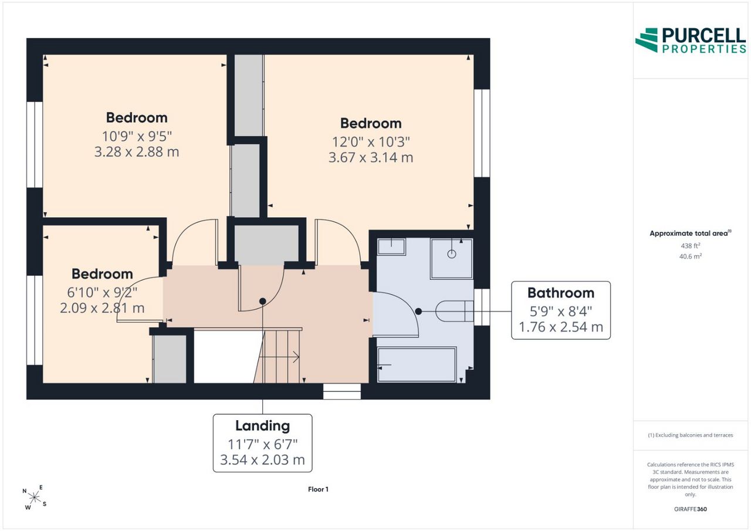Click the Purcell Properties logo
[691, 40]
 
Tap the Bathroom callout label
[560, 310]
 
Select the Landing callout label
[262, 443]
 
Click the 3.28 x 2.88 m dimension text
[137, 152]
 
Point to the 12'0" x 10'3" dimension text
[371, 142]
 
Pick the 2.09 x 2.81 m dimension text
[102, 307]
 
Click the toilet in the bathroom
[455, 311]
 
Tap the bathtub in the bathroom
[417, 365]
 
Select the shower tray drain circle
[452, 254]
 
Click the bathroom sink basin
[391, 247]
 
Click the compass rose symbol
[35, 498]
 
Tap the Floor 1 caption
[318, 489]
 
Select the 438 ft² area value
[691, 246]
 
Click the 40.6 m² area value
[691, 256]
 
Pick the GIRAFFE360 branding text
[691, 509]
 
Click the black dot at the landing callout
[262, 302]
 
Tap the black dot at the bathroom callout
[418, 312]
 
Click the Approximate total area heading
[691, 233]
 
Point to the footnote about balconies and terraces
[691, 435]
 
